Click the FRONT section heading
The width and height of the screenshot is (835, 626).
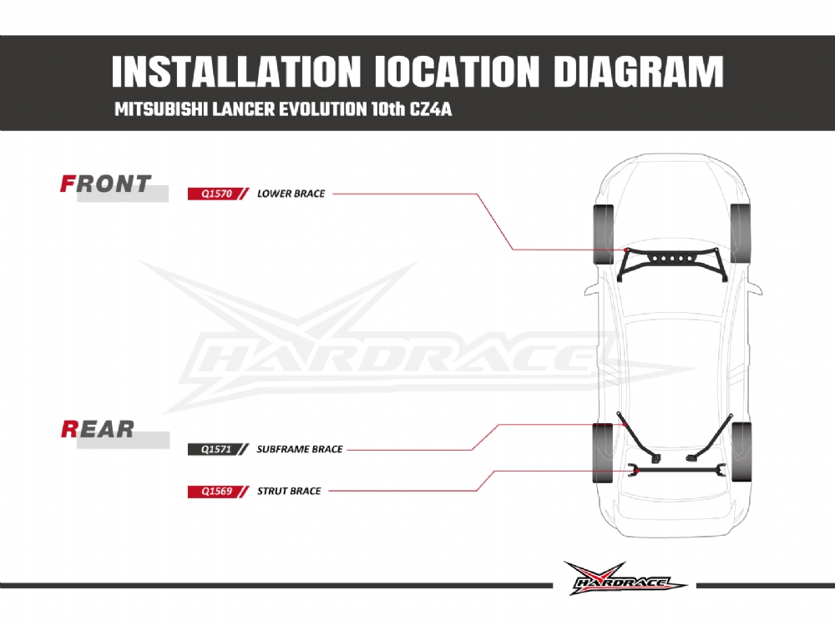point(106,184)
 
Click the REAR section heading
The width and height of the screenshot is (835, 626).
point(98,430)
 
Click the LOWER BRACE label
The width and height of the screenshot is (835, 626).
point(291,194)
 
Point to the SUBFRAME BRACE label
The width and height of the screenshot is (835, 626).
point(299,449)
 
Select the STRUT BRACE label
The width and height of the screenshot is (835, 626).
point(288,491)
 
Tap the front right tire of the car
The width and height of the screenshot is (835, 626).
point(740,233)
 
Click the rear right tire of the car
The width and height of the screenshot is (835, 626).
point(741,452)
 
